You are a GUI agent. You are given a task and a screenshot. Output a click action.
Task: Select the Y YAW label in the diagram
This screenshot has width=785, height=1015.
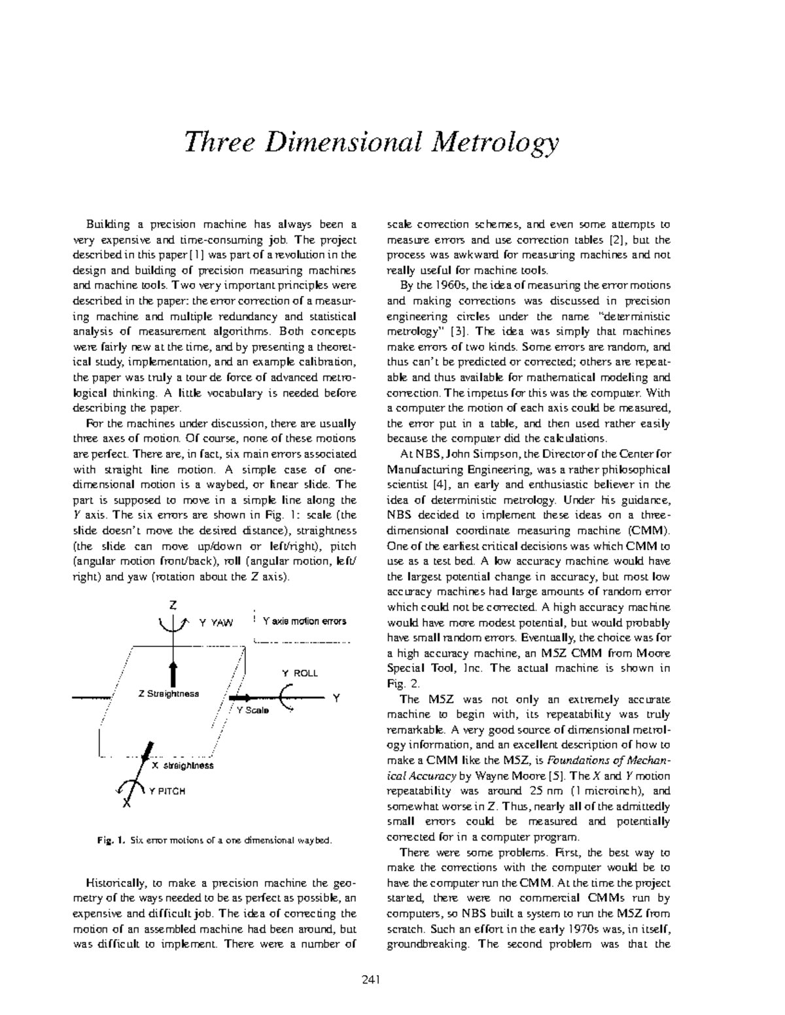pyautogui.click(x=215, y=623)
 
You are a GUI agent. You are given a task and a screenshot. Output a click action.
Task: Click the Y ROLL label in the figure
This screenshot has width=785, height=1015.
pyautogui.click(x=299, y=673)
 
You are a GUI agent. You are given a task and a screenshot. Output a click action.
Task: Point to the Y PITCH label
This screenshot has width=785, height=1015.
pyautogui.click(x=167, y=791)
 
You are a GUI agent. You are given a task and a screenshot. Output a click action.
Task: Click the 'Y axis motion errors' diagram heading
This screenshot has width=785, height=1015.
pyautogui.click(x=304, y=621)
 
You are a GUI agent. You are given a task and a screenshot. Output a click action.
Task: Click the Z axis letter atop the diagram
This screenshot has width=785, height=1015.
pyautogui.click(x=173, y=605)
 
